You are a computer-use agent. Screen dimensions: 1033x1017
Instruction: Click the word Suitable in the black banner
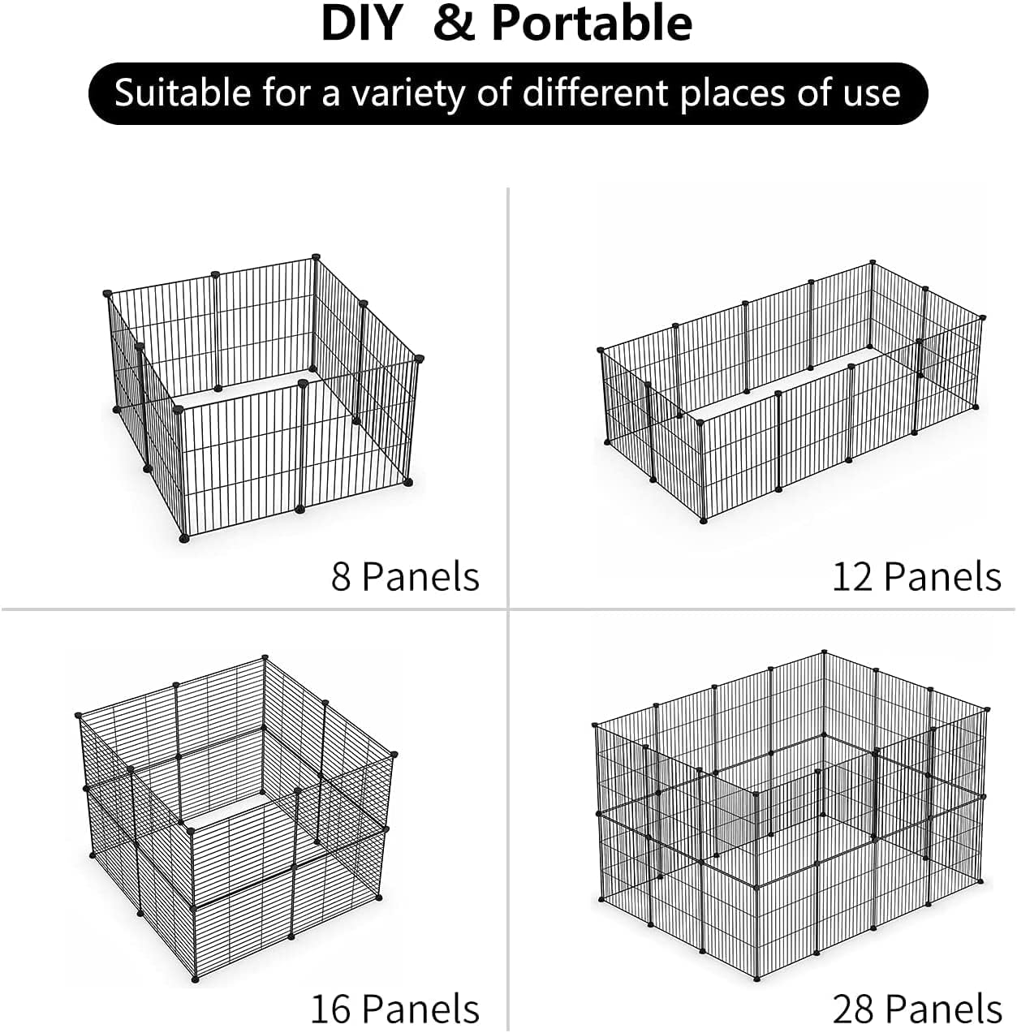(x=183, y=93)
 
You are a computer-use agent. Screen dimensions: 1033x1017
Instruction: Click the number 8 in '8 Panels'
(x=341, y=576)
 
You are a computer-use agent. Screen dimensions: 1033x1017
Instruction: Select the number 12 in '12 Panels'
(x=852, y=576)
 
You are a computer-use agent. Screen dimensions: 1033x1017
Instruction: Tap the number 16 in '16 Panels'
(x=331, y=1009)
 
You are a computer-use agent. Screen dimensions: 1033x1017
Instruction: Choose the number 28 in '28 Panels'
(x=852, y=1009)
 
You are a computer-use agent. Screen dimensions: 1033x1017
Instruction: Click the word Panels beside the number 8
(x=420, y=576)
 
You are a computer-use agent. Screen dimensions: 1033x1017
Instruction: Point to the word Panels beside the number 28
(x=943, y=1009)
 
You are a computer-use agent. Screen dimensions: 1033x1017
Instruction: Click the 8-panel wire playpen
(x=264, y=398)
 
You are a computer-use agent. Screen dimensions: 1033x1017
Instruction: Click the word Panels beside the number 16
(x=420, y=1009)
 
